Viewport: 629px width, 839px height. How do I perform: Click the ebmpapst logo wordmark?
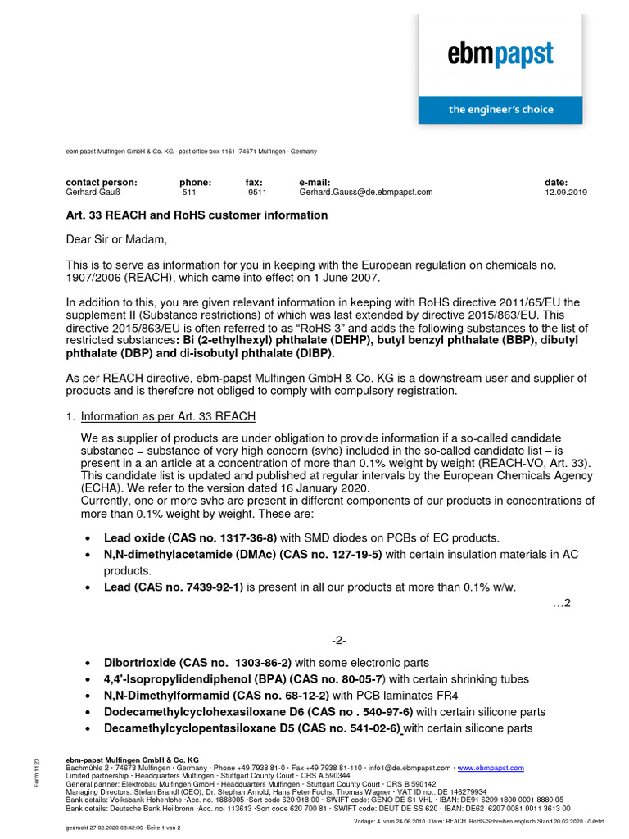500,55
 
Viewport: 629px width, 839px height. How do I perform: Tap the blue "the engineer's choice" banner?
500,110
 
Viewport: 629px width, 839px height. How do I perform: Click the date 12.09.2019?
565,193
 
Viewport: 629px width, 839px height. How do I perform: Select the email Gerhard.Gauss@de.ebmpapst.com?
365,193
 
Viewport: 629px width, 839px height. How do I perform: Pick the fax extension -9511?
256,193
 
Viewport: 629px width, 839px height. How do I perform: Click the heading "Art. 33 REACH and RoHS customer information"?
197,215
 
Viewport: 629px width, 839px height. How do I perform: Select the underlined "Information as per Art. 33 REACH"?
168,417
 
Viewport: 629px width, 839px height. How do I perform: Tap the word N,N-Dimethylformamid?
164,696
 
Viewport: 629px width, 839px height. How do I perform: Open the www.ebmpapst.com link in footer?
491,769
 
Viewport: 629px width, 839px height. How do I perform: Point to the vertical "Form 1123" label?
36,774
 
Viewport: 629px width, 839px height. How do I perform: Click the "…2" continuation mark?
561,604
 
